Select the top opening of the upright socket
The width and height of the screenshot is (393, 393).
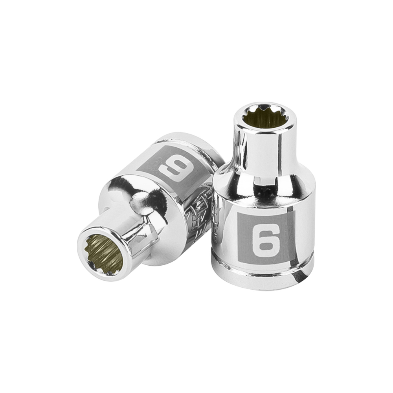(261, 115)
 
